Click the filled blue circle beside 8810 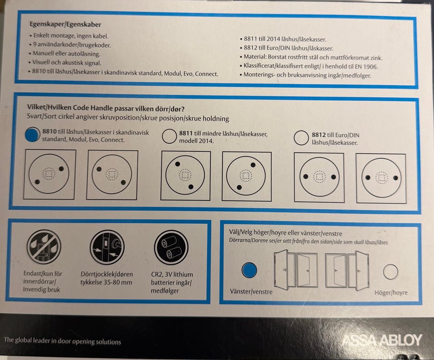click(33, 135)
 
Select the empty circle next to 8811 click(169, 136)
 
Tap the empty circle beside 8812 click(301, 138)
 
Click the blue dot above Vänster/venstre click(249, 270)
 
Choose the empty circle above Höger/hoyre click(391, 272)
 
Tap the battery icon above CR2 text click(171, 248)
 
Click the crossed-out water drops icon click(44, 246)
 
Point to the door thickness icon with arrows click(107, 247)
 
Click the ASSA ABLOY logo click(382, 341)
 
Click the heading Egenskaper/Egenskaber click(65, 24)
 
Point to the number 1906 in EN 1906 click(370, 67)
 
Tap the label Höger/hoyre click(391, 293)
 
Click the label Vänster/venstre click(251, 291)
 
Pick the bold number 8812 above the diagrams click(319, 135)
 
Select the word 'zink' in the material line click(376, 58)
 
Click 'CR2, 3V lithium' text click(172, 274)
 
